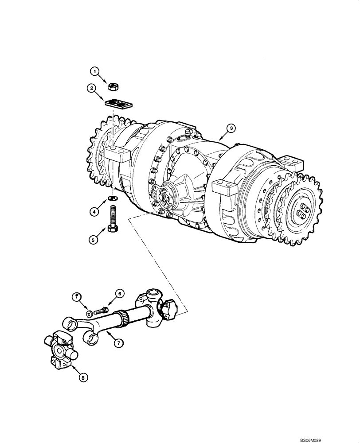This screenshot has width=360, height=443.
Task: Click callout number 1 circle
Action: [x=94, y=70]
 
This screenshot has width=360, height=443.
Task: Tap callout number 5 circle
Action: [x=93, y=240]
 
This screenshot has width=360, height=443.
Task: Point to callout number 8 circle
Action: [x=82, y=377]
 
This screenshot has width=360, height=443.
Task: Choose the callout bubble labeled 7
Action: [x=117, y=342]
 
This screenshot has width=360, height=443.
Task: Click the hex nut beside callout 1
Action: [x=113, y=84]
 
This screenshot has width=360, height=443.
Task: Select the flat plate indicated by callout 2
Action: [x=118, y=104]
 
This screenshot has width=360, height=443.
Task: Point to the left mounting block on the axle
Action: [x=117, y=156]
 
